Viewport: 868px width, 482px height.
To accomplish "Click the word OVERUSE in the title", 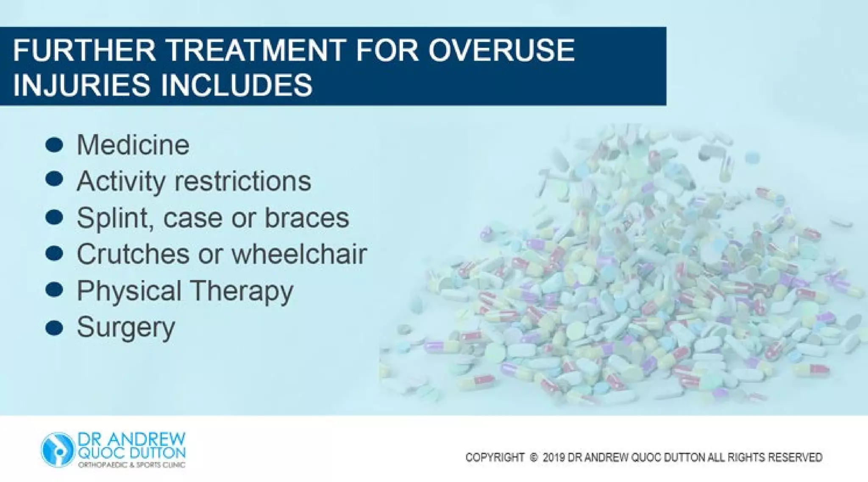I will click(x=501, y=50).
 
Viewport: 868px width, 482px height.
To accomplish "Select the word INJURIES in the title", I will click(x=81, y=84).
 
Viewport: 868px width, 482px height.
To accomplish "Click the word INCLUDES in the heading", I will click(x=236, y=84).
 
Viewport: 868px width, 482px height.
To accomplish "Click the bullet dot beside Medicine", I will click(x=54, y=145).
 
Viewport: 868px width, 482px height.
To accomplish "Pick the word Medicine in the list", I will click(x=133, y=145).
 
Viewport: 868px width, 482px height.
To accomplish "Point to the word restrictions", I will click(x=242, y=181).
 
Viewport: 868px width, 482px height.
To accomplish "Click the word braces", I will click(x=306, y=218).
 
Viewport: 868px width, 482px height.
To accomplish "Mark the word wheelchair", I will click(x=299, y=254).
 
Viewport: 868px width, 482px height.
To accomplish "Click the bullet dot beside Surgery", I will click(x=54, y=328).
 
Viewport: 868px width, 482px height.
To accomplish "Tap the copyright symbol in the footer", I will click(x=534, y=457).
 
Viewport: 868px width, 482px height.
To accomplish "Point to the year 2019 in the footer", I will click(x=554, y=457).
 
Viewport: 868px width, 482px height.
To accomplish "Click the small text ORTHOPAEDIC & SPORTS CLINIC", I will click(x=131, y=465).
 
